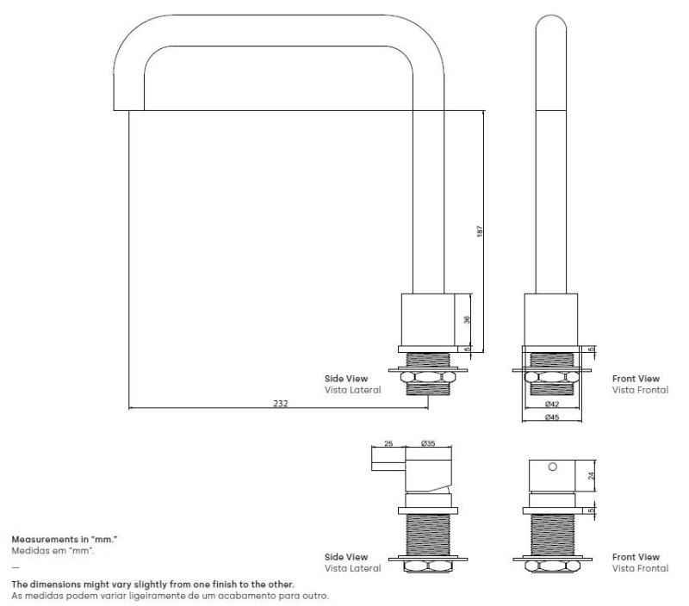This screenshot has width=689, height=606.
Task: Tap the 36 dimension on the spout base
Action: tap(467, 319)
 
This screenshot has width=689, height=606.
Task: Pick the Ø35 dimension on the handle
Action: tap(426, 444)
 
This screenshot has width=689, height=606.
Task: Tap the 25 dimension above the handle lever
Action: tap(388, 444)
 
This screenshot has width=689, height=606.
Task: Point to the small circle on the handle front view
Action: tap(553, 466)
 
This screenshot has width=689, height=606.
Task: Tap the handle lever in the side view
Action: tap(388, 467)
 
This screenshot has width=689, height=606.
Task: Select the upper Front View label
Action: tap(636, 378)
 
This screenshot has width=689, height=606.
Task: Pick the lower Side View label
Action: tap(346, 557)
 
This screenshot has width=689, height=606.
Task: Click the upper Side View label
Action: tap(346, 378)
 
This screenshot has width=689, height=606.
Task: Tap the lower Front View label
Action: tap(636, 557)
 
